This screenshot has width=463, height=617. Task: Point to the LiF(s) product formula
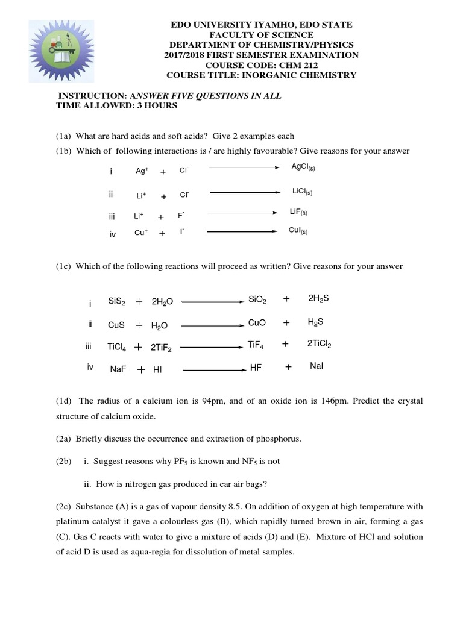click(298, 212)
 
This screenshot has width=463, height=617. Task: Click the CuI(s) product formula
click(298, 230)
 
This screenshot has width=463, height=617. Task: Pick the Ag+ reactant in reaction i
click(142, 171)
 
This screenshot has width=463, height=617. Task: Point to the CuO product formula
click(257, 323)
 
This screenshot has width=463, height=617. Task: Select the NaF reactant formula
click(118, 369)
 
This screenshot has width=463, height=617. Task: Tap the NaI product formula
click(317, 366)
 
